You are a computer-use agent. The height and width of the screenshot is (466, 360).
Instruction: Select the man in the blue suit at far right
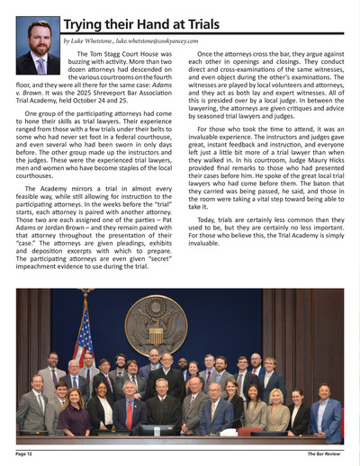point(327,414)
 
